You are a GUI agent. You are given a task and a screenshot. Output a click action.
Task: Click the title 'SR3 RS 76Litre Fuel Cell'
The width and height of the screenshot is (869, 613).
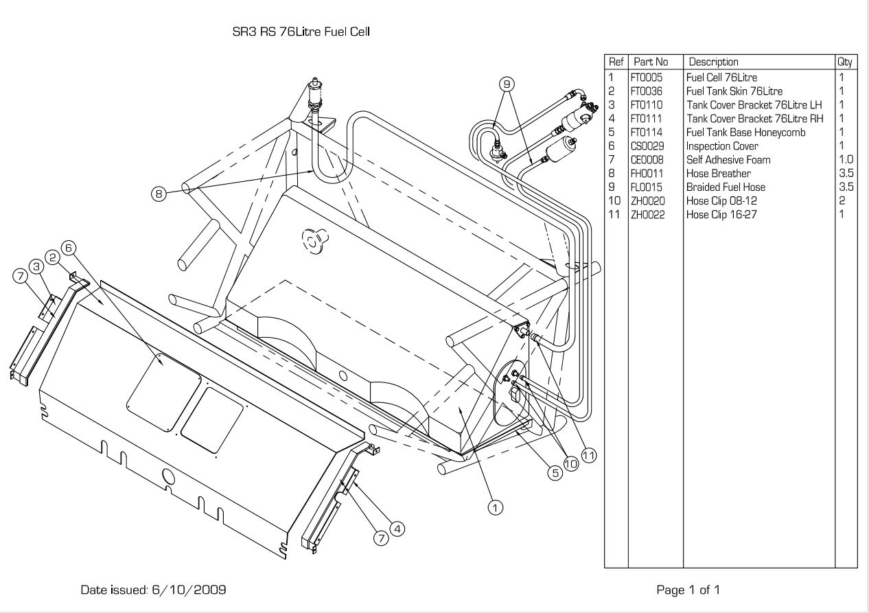tap(301, 32)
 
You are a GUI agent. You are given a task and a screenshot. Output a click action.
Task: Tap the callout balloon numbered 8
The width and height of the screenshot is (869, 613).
tap(159, 194)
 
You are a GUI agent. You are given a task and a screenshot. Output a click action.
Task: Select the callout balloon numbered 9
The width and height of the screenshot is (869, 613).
tap(507, 84)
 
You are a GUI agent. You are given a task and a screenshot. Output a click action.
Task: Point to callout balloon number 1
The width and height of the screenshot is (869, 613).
tap(495, 507)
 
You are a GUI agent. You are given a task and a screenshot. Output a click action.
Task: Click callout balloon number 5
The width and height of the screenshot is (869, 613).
tap(555, 473)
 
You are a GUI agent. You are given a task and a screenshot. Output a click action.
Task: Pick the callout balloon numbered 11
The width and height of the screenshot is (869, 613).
tap(589, 455)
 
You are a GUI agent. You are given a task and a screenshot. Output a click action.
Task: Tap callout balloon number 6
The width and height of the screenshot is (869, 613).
tap(69, 248)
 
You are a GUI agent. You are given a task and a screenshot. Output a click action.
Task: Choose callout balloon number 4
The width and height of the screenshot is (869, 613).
tap(397, 529)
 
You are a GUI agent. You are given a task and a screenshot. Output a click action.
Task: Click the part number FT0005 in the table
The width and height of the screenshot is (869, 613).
tap(647, 78)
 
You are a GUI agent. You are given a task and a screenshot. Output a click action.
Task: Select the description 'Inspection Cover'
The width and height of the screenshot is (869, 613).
tap(722, 146)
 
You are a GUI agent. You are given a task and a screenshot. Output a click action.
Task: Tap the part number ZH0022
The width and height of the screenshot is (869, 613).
tap(647, 215)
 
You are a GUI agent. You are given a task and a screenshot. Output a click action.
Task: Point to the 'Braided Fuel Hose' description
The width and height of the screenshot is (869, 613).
tap(726, 187)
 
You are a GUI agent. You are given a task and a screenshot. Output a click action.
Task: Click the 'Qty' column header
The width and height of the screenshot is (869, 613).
tap(844, 62)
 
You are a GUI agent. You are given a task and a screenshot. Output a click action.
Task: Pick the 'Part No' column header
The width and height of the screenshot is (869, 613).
tap(651, 62)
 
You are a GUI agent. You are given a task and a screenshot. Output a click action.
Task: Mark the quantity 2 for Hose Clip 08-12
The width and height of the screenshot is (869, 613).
tap(842, 200)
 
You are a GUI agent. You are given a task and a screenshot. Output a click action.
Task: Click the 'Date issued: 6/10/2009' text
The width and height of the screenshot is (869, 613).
tap(153, 590)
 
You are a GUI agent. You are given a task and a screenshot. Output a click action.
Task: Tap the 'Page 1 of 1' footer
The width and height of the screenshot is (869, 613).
tap(688, 590)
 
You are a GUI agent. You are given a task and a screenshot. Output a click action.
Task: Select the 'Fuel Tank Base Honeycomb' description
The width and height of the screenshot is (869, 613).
tap(745, 132)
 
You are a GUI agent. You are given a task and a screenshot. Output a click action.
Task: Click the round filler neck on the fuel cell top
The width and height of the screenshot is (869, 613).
tap(314, 240)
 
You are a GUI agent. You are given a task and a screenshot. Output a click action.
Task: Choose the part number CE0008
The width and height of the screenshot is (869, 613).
tap(647, 160)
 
